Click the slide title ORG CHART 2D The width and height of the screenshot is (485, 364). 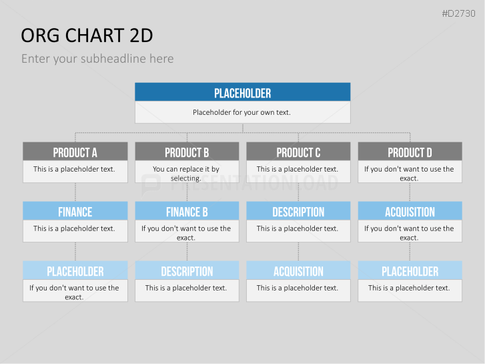(x=87, y=35)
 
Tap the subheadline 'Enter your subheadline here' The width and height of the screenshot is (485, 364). (x=97, y=59)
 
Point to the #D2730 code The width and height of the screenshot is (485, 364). (x=458, y=13)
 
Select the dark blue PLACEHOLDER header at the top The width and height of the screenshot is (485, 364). (x=243, y=92)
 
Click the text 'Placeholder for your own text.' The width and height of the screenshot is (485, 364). (x=241, y=112)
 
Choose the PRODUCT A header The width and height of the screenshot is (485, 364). (x=75, y=152)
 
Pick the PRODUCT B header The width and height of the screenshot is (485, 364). (x=187, y=152)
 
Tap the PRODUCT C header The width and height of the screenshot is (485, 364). (x=298, y=152)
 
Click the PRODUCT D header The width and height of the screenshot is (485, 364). (x=410, y=152)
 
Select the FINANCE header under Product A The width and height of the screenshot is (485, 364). (x=75, y=211)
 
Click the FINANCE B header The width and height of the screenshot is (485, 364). (x=187, y=211)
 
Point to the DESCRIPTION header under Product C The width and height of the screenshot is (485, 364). (x=298, y=211)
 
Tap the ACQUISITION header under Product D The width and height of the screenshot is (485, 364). (x=410, y=211)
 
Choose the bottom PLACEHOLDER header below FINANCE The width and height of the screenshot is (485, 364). (x=75, y=270)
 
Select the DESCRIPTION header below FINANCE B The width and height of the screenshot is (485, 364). (x=187, y=270)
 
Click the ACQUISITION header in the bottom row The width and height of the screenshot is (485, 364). (x=298, y=270)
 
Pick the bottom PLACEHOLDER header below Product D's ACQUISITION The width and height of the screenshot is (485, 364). (x=410, y=270)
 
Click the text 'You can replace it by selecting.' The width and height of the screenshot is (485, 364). (x=186, y=174)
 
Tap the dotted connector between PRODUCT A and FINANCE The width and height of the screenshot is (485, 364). (x=75, y=192)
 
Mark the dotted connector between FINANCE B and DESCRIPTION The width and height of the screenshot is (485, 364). (x=187, y=252)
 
